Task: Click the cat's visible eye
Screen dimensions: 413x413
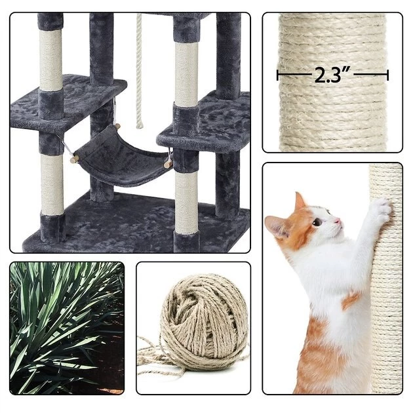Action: coord(317,222)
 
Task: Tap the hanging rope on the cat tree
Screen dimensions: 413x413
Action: coord(139,72)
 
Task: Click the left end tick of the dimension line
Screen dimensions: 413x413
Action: coord(278,75)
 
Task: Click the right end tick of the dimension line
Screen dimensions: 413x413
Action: coord(388,75)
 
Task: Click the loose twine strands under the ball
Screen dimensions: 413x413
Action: coord(164,367)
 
